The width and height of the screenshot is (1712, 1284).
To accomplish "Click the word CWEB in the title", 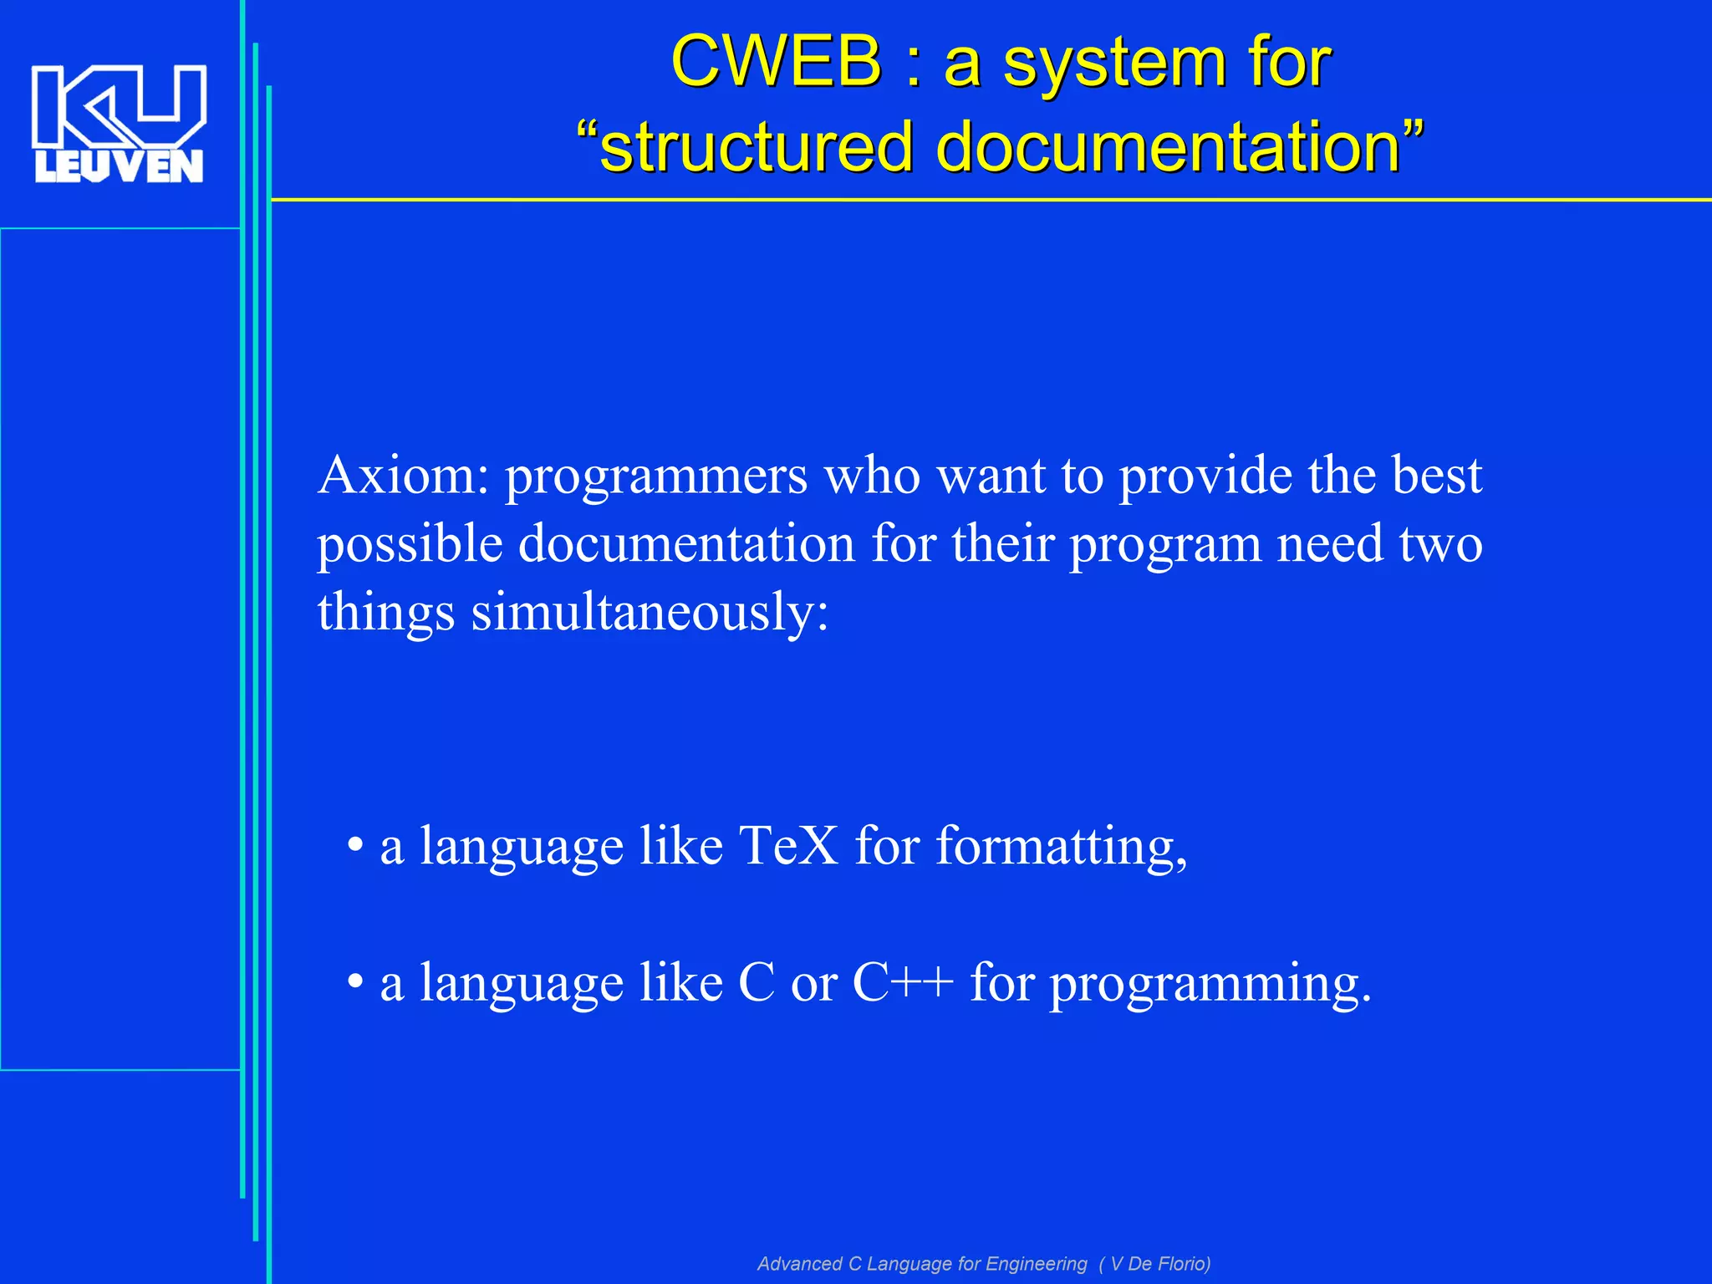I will pyautogui.click(x=775, y=62).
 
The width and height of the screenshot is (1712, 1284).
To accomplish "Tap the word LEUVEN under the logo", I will pyautogui.click(x=119, y=166).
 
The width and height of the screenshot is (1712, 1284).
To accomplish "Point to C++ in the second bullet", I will pyautogui.click(x=902, y=982).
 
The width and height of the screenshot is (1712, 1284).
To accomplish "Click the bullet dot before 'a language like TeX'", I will pyautogui.click(x=355, y=846).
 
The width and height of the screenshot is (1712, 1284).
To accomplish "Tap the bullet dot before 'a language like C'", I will pyautogui.click(x=355, y=982).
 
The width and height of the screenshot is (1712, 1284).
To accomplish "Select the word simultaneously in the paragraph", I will pyautogui.click(x=650, y=612).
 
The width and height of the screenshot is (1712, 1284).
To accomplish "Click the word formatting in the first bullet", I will pyautogui.click(x=1060, y=846).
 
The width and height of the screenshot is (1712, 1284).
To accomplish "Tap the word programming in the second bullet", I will pyautogui.click(x=1210, y=983).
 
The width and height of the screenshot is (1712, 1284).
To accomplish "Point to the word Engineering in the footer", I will pyautogui.click(x=1036, y=1264).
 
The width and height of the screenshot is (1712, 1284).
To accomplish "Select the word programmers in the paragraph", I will pyautogui.click(x=655, y=476).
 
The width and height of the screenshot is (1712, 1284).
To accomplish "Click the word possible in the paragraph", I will pyautogui.click(x=410, y=545).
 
